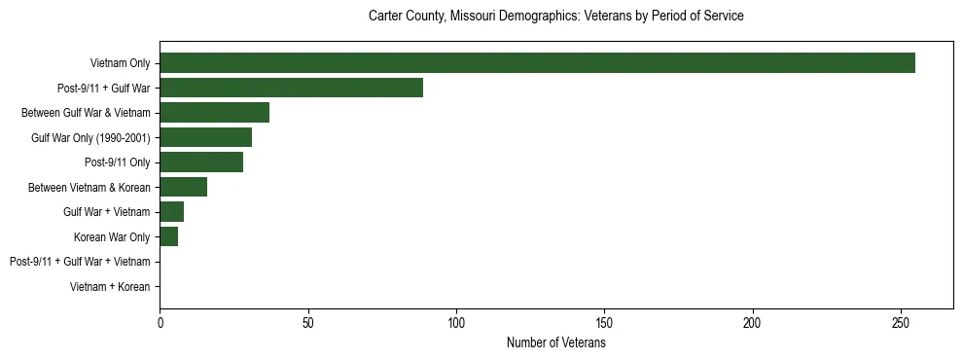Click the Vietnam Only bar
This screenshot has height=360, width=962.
coord(537,63)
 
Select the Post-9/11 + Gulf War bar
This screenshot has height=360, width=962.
coord(291,88)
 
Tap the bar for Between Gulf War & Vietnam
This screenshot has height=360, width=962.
coord(214,113)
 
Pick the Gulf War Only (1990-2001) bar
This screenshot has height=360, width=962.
coord(205,137)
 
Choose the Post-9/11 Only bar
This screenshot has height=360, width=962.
coord(201,162)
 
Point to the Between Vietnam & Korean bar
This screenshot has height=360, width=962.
coord(183,187)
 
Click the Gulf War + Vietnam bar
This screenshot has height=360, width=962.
coord(171,212)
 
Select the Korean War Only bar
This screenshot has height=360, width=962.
coord(168,236)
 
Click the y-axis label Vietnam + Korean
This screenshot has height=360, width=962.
coord(110,287)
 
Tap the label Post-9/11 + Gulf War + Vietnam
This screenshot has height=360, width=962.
coord(80,262)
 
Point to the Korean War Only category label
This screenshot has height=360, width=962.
coord(112,237)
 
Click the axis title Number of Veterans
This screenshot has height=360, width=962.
coord(555,343)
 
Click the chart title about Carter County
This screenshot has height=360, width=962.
coord(555,17)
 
